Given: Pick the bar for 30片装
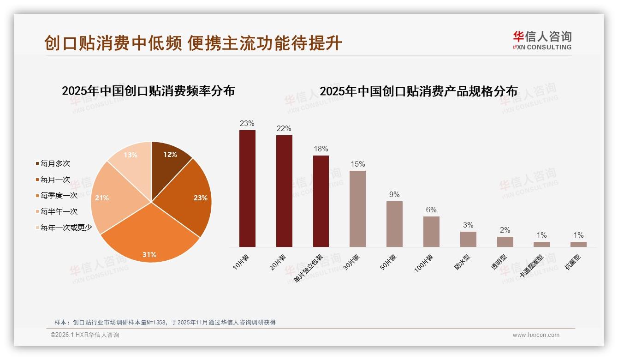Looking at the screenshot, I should [x=357, y=209].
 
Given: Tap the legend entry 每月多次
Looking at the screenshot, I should [x=55, y=164].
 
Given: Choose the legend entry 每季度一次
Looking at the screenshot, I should [x=59, y=196].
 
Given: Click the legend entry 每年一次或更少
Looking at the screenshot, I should [x=66, y=228].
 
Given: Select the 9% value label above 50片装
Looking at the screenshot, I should [x=394, y=195].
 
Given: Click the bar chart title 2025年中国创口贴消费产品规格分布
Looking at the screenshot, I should [x=418, y=91].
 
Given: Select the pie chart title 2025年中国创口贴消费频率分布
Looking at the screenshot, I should [x=148, y=91].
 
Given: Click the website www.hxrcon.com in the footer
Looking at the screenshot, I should [x=536, y=335].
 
